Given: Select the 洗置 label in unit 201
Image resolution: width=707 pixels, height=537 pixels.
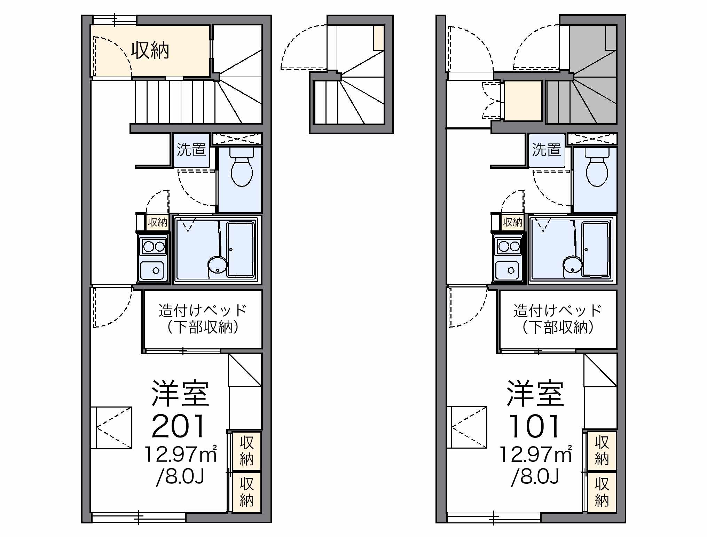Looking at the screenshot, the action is [x=191, y=150].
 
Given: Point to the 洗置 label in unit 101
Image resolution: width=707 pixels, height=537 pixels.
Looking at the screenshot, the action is [x=546, y=150].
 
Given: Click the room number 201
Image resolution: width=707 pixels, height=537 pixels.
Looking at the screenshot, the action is [x=178, y=426].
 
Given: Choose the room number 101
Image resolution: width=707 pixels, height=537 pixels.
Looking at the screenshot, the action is [x=534, y=426].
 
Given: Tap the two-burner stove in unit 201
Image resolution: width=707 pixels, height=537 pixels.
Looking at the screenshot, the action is [x=154, y=247].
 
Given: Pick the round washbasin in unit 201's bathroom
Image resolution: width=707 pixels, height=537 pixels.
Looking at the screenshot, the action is [x=217, y=265].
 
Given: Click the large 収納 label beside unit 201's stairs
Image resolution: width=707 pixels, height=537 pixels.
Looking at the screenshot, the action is [x=150, y=51].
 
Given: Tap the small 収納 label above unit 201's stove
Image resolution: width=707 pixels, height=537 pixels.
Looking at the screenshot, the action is [x=157, y=222].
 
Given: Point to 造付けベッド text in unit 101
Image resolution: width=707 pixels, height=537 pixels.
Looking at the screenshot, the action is [x=557, y=310].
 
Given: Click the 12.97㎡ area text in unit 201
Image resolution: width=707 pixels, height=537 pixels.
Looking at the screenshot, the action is [x=180, y=454].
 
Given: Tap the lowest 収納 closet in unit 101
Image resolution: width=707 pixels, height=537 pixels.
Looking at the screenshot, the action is [x=602, y=492].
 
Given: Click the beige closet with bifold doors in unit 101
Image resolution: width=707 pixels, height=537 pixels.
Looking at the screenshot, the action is [x=523, y=101].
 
